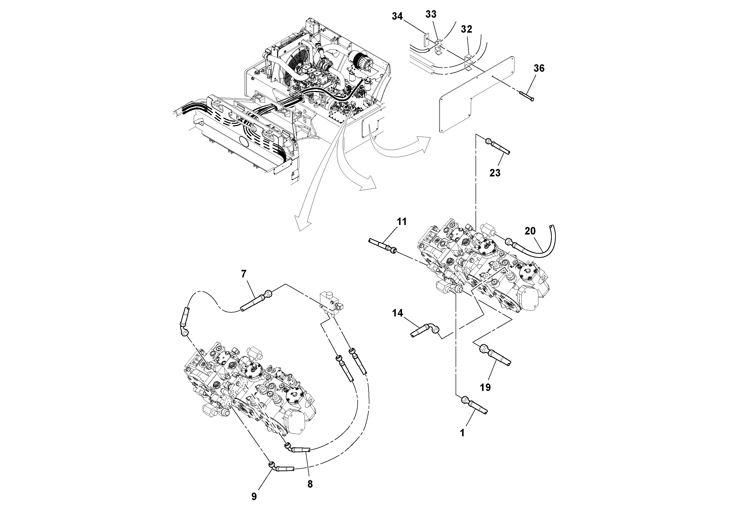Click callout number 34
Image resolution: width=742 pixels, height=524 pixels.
tap(397, 16)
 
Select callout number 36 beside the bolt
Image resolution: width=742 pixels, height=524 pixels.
tap(539, 68)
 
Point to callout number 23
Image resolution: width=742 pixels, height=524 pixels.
tap(495, 173)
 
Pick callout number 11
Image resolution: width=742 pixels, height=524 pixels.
tap(402, 222)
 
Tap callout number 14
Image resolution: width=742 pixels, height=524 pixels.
tap(398, 313)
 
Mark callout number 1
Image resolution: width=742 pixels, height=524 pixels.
tap(462, 433)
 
